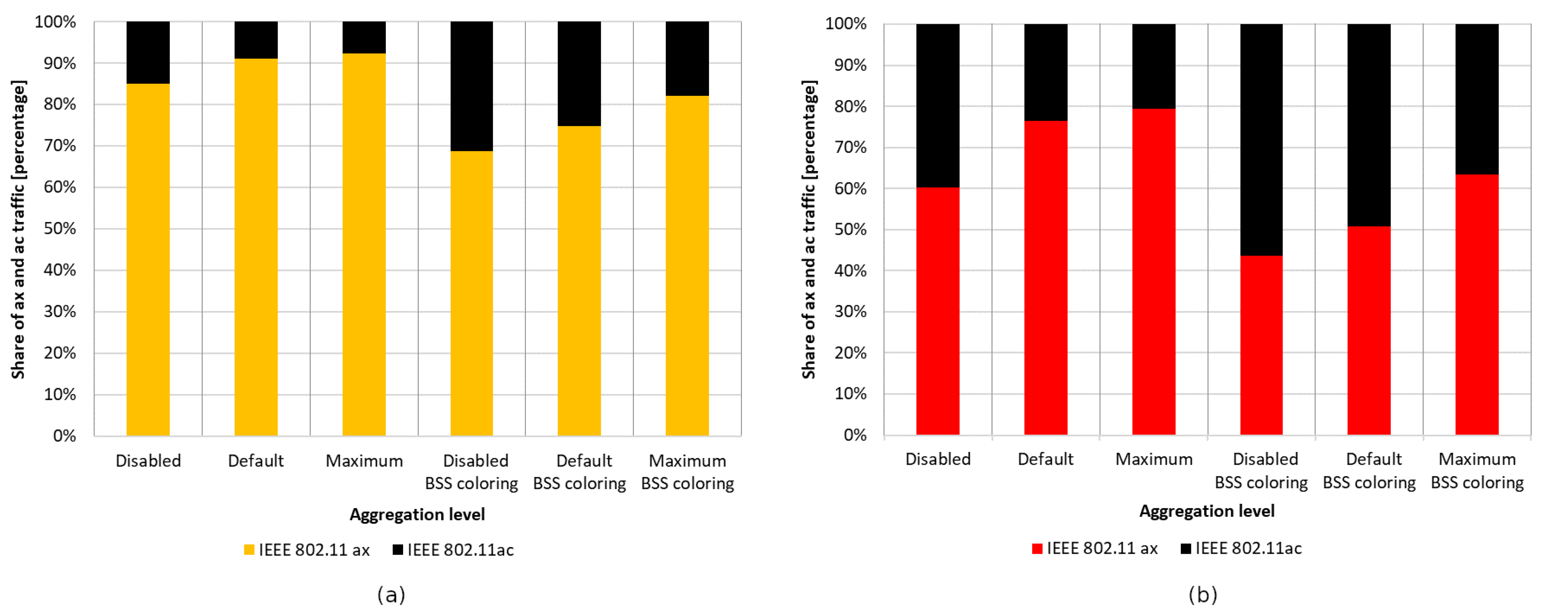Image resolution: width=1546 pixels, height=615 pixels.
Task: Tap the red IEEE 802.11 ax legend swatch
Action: tap(1037, 549)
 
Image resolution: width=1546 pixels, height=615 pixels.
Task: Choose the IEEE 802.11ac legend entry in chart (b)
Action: tap(1241, 549)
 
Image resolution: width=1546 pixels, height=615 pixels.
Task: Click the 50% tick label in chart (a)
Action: tap(60, 228)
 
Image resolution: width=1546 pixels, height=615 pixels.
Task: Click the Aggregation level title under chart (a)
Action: tap(417, 514)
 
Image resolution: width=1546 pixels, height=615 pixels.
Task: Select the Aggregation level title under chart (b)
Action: tap(1206, 511)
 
